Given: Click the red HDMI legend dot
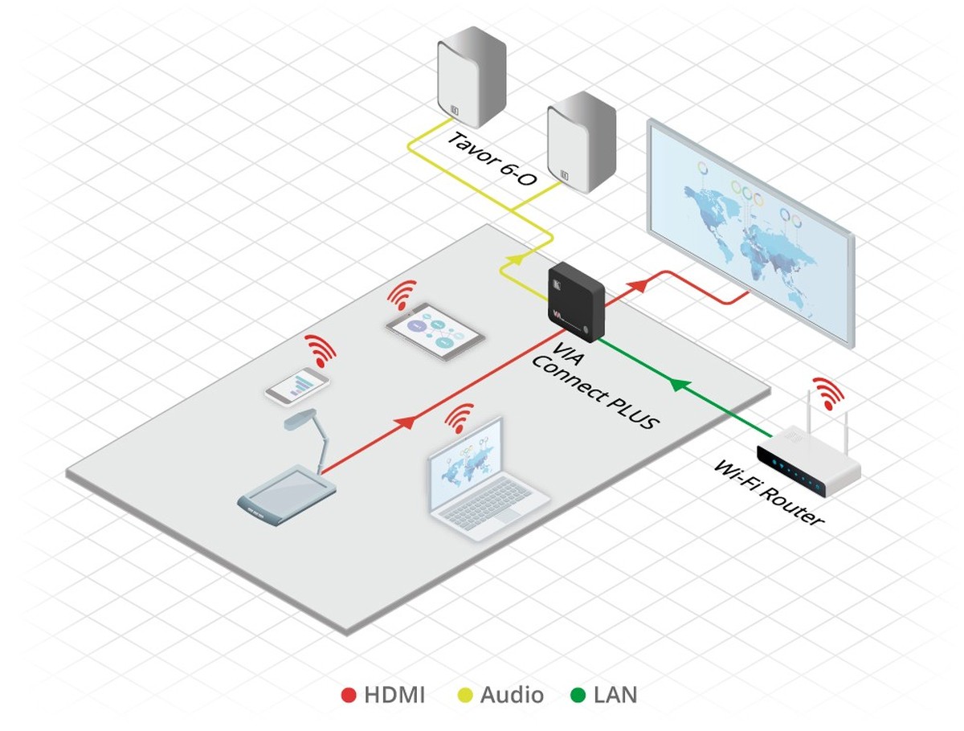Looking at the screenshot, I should [349, 695].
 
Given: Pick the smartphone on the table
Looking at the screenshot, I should [297, 386].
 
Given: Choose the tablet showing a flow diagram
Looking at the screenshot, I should [435, 331].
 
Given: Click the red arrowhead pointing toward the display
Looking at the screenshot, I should [639, 284].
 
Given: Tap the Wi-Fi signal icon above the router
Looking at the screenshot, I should [827, 392].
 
